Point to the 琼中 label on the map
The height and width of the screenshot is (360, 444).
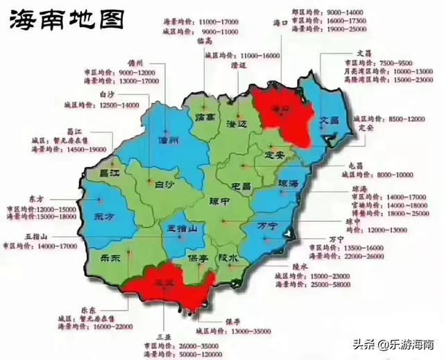click(x=221, y=201)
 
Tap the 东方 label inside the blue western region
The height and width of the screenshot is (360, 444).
click(x=102, y=216)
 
